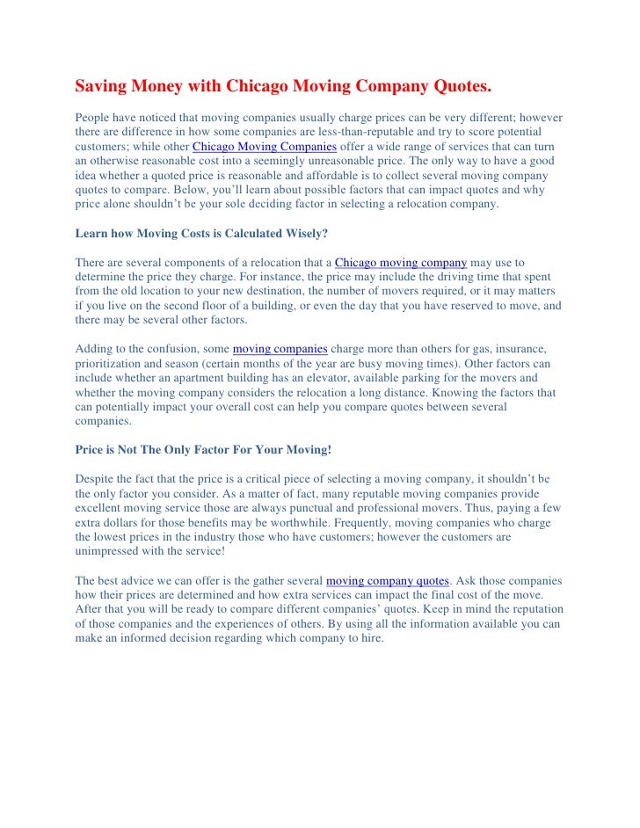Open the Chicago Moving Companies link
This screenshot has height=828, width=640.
point(258,146)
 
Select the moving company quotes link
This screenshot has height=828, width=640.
point(388,581)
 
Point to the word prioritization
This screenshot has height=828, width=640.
point(112,364)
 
